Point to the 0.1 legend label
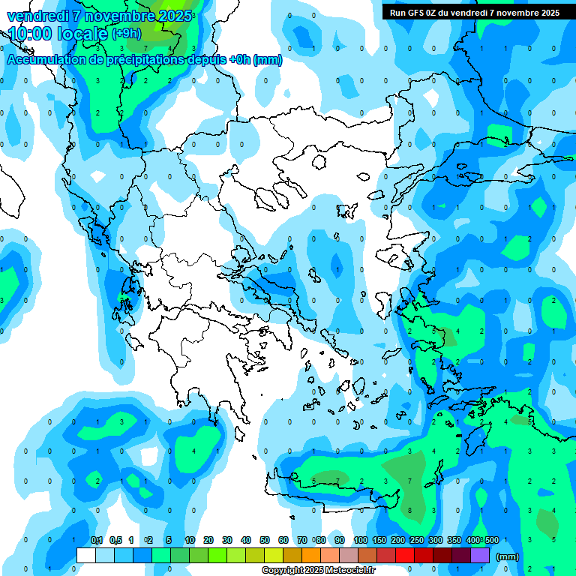[x=97, y=541]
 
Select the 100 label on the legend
[x=361, y=541]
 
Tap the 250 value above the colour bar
[x=416, y=541]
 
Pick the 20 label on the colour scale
[x=208, y=541]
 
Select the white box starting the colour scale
[x=86, y=556]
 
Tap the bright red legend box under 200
[x=405, y=556]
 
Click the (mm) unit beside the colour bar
[x=508, y=556]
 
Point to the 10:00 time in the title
[x=29, y=34]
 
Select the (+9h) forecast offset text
[x=125, y=34]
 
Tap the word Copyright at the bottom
[x=283, y=571]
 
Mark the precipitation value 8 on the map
[x=409, y=510]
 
